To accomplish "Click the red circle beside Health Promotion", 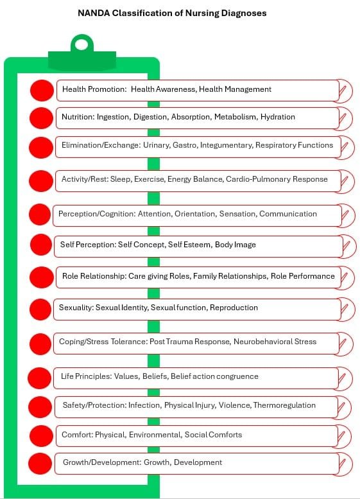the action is (x=42, y=91).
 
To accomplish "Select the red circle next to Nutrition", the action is (x=41, y=118).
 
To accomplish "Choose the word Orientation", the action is (x=195, y=214).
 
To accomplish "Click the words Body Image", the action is (x=236, y=245).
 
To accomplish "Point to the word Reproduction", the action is (x=234, y=308).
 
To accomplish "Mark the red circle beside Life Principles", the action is (x=39, y=378).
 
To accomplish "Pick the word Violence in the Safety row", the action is (x=234, y=405).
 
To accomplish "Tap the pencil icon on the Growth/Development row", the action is (x=345, y=464).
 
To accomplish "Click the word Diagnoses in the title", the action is (x=244, y=13).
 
